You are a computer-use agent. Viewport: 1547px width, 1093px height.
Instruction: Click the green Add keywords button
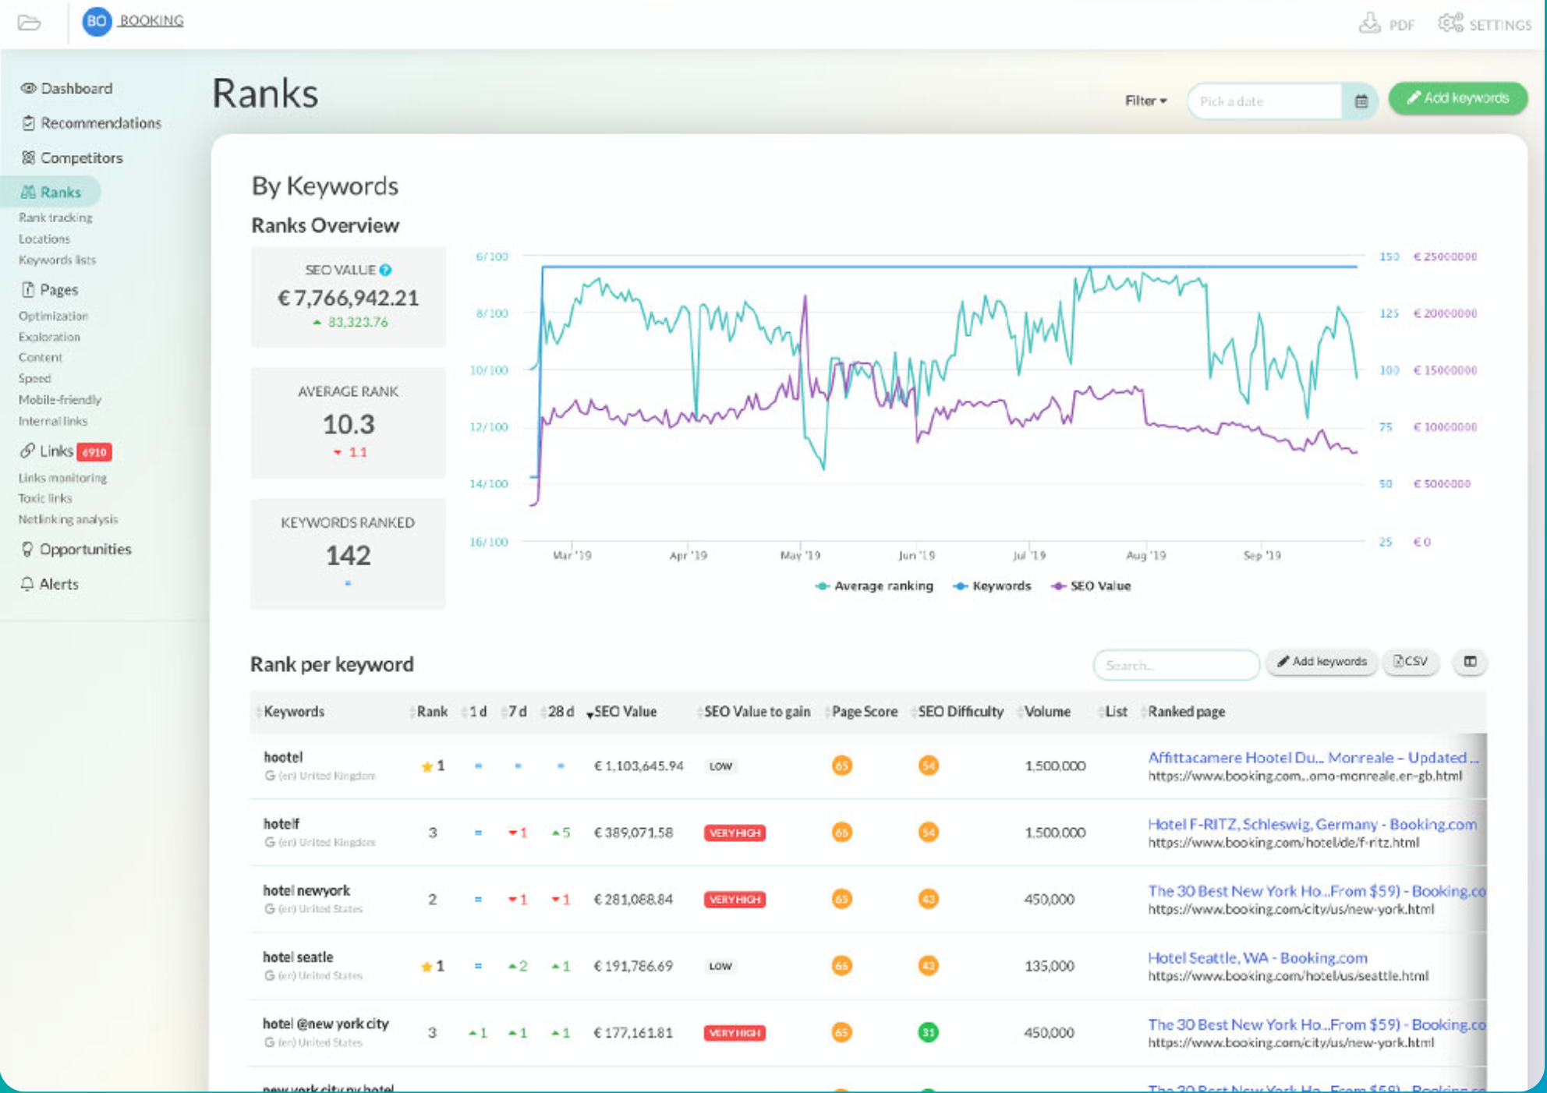coord(1457,98)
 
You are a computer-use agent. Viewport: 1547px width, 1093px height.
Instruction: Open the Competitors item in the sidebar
coord(81,157)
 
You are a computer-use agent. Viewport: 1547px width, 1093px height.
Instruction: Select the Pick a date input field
coord(1263,101)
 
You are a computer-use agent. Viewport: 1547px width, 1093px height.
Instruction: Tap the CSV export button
coord(1411,662)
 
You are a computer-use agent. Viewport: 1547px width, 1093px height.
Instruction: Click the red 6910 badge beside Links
coord(94,452)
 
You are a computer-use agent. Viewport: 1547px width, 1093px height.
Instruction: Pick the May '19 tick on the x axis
coord(800,556)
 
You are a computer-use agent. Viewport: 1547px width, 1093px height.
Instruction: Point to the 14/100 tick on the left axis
coord(488,484)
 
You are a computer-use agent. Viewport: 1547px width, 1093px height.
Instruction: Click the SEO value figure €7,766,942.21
coord(348,298)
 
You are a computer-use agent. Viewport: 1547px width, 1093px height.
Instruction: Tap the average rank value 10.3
coord(348,425)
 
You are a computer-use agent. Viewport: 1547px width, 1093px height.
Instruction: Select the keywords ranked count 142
coord(348,556)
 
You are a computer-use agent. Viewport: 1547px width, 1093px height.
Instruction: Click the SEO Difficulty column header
coord(961,712)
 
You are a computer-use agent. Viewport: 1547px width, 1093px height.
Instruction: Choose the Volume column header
coord(1047,712)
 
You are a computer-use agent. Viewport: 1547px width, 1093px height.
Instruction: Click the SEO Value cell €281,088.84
coord(633,900)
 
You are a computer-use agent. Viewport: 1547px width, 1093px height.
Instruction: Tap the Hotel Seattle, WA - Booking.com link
coord(1257,957)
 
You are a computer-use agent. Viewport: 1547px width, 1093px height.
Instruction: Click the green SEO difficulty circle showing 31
coord(928,1033)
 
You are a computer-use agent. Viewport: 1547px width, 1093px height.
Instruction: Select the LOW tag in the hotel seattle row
coord(720,967)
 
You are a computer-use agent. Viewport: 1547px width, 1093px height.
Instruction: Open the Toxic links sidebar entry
coord(45,498)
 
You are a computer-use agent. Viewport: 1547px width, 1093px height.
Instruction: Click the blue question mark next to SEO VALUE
coord(385,271)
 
